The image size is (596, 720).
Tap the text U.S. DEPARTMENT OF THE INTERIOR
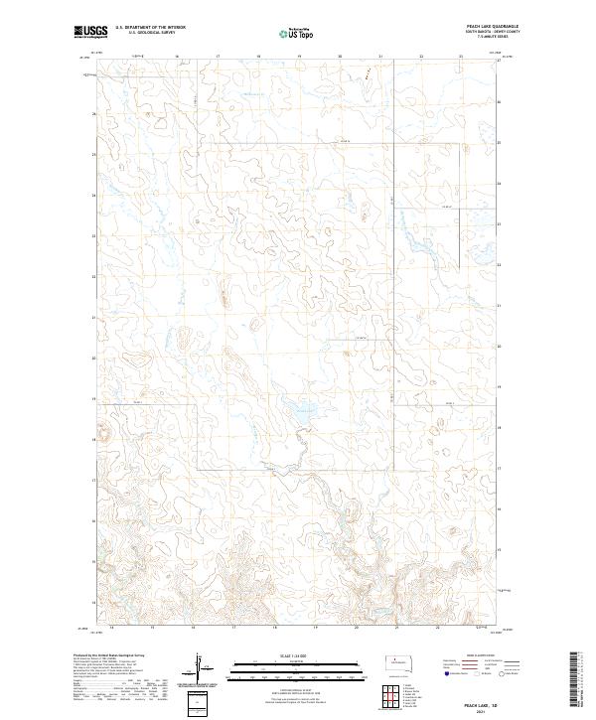pyautogui.click(x=150, y=28)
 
